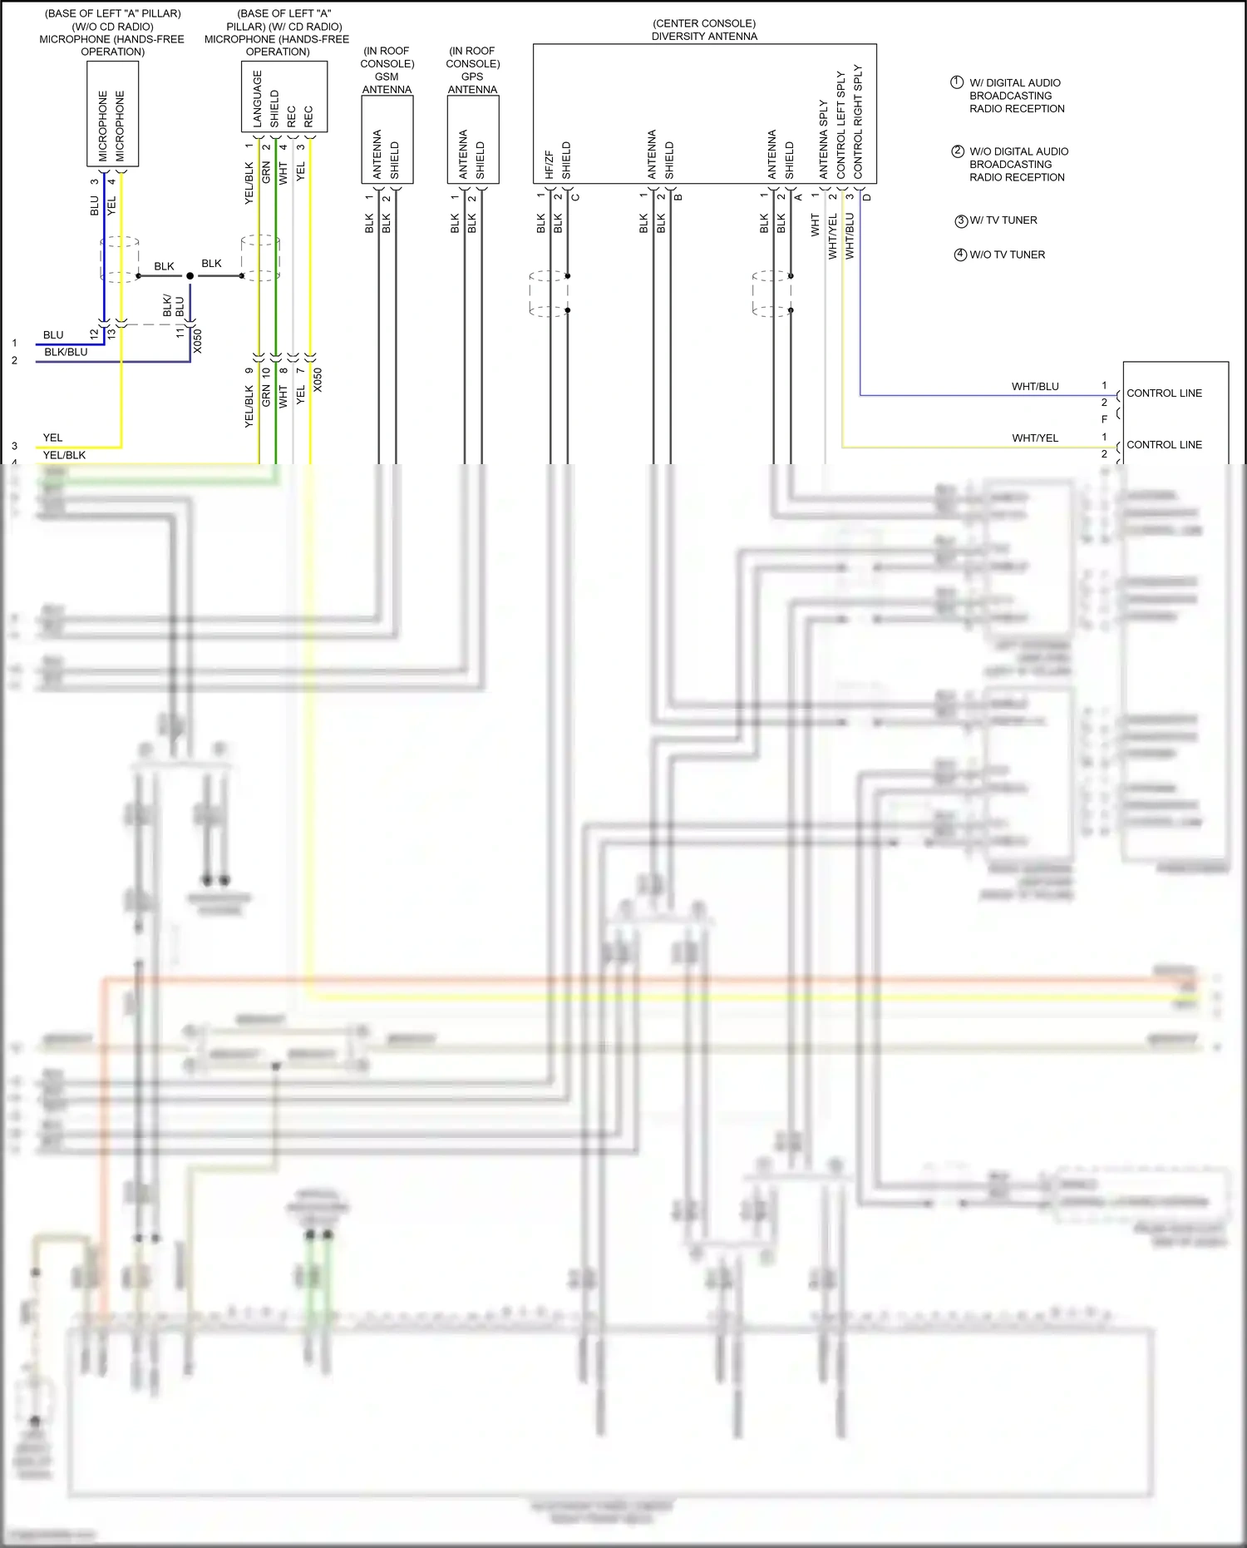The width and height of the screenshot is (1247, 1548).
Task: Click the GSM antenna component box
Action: pos(387,139)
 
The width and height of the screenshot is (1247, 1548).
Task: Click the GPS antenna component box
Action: pos(472,139)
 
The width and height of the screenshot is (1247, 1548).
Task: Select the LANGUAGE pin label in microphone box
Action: pos(257,98)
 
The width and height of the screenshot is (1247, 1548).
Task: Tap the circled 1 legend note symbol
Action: pos(957,82)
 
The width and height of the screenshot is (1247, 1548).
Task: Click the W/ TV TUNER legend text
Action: pos(1003,220)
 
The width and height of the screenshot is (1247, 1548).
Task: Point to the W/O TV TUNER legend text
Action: pos(1007,255)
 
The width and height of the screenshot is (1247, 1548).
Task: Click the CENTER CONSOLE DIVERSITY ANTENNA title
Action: pos(704,30)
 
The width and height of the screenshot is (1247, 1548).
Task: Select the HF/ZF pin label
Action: pos(549,165)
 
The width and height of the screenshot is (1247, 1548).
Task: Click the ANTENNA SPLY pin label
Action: pos(823,139)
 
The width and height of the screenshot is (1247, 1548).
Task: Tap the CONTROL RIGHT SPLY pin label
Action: pos(858,121)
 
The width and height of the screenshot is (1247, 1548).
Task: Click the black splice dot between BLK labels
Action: pos(190,275)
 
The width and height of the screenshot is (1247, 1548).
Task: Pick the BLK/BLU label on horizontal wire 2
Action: pos(66,352)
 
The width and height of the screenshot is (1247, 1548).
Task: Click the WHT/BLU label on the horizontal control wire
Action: pos(1035,387)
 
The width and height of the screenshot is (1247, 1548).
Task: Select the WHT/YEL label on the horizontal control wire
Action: pos(1035,438)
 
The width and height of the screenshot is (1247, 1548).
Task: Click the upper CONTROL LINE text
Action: pos(1164,393)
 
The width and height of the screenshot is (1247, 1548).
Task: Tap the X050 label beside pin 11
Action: pos(197,341)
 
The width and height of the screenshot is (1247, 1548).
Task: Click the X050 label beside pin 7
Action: pos(318,380)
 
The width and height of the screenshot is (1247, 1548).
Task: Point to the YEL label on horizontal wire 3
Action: pos(52,438)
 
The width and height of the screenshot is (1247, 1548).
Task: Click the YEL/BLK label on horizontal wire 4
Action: pos(64,455)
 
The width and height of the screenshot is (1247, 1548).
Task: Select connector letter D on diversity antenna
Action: pos(866,197)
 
